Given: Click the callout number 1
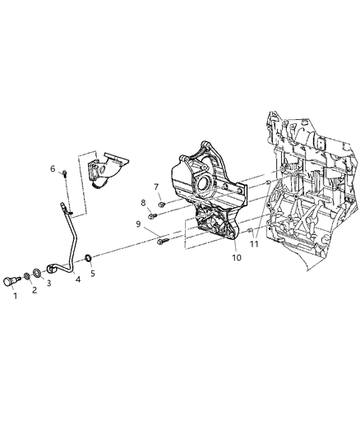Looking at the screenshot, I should [x=14, y=297].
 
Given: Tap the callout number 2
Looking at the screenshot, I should [x=34, y=290].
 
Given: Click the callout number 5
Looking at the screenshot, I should [x=92, y=274].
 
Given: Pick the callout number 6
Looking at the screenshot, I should [x=53, y=169].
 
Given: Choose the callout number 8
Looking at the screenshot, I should [x=141, y=203].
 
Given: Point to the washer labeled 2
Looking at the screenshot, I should [x=28, y=274].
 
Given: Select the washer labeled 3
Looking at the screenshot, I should [x=39, y=271].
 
